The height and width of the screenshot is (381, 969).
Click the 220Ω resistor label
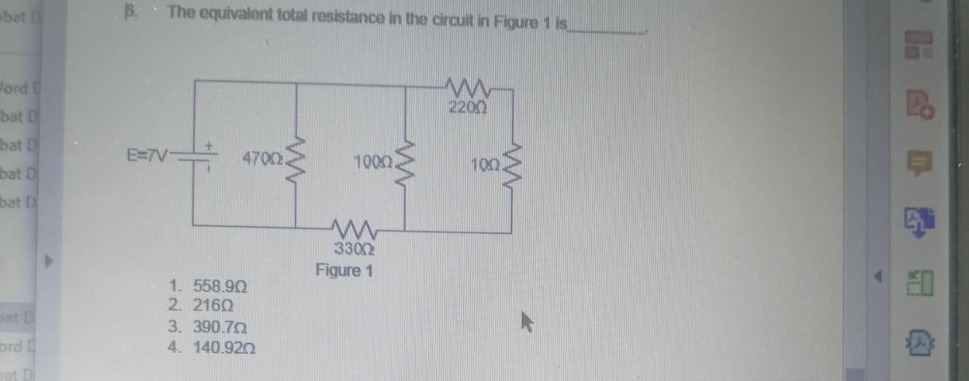[466, 107]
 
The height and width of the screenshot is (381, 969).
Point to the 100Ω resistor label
[372, 161]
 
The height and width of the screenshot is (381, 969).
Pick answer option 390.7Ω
[220, 328]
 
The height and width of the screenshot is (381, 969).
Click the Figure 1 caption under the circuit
[344, 270]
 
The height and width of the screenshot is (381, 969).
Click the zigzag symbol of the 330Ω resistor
[351, 226]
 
